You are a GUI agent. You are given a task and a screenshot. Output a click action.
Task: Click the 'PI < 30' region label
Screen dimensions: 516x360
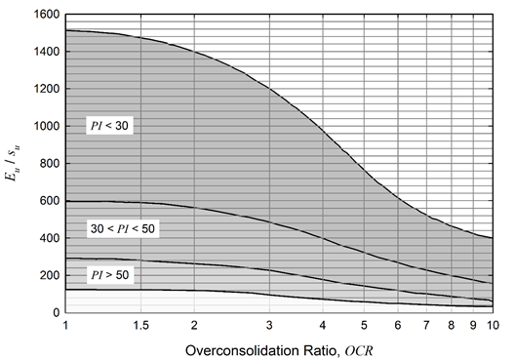pyautogui.click(x=109, y=126)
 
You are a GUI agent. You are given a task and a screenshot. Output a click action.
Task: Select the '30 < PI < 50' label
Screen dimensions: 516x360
pyautogui.click(x=123, y=228)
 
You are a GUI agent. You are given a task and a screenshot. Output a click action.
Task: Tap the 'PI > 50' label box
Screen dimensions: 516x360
pyautogui.click(x=109, y=275)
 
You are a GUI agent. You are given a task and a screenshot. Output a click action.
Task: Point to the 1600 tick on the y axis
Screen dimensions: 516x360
pyautogui.click(x=47, y=15)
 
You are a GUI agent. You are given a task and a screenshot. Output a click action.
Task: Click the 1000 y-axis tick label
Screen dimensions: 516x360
pyautogui.click(x=47, y=126)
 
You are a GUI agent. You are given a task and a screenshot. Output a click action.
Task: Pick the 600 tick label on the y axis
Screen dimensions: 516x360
pyautogui.click(x=50, y=201)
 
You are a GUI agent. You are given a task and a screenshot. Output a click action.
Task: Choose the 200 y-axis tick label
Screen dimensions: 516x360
pyautogui.click(x=50, y=275)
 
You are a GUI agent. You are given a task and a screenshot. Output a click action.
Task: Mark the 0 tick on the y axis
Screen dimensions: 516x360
pyautogui.click(x=57, y=312)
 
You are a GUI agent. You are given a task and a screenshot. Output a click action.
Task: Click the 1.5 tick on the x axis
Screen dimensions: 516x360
pyautogui.click(x=140, y=326)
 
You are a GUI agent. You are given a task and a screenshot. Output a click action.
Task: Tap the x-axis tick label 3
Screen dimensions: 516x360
pyautogui.click(x=269, y=326)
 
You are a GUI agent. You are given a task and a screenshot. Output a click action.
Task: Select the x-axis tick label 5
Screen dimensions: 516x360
pyautogui.click(x=364, y=326)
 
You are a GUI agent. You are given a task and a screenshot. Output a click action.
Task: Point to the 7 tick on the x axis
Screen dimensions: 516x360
pyautogui.click(x=426, y=326)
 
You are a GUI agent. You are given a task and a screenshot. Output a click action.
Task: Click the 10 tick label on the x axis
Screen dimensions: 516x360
pyautogui.click(x=493, y=326)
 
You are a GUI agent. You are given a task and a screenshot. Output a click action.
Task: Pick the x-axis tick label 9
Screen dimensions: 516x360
pyautogui.click(x=473, y=326)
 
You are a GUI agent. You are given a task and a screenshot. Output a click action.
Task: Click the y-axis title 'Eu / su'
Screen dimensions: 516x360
pyautogui.click(x=12, y=163)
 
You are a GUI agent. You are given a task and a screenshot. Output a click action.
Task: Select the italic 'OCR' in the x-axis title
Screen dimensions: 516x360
pyautogui.click(x=359, y=351)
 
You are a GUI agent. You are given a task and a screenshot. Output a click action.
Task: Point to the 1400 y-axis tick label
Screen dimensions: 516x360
pyautogui.click(x=47, y=52)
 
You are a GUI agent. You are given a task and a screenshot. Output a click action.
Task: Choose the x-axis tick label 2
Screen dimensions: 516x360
pyautogui.click(x=194, y=326)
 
